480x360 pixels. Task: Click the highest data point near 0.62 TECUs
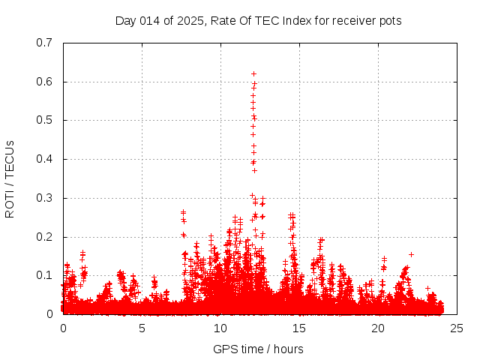253,73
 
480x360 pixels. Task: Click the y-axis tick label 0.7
44,43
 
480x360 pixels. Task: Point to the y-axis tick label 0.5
44,120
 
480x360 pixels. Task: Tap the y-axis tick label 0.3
44,198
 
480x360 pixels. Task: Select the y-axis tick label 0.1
44,275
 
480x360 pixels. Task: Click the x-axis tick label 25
457,328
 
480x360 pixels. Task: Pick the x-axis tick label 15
299,328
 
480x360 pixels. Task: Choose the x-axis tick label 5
142,328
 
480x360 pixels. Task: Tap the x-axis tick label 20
378,328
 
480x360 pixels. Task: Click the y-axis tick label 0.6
44,82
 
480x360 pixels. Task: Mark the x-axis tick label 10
220,328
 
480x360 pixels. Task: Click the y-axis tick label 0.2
44,237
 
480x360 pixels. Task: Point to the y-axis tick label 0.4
44,159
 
